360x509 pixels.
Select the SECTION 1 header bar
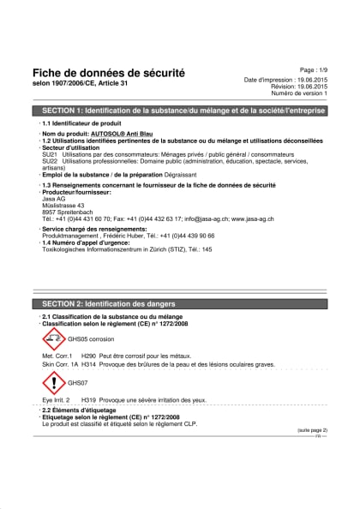(179, 112)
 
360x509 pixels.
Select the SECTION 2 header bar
(179, 304)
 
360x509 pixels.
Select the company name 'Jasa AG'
(53, 199)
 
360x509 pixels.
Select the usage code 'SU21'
(49, 155)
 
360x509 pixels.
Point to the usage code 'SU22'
(49, 162)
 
